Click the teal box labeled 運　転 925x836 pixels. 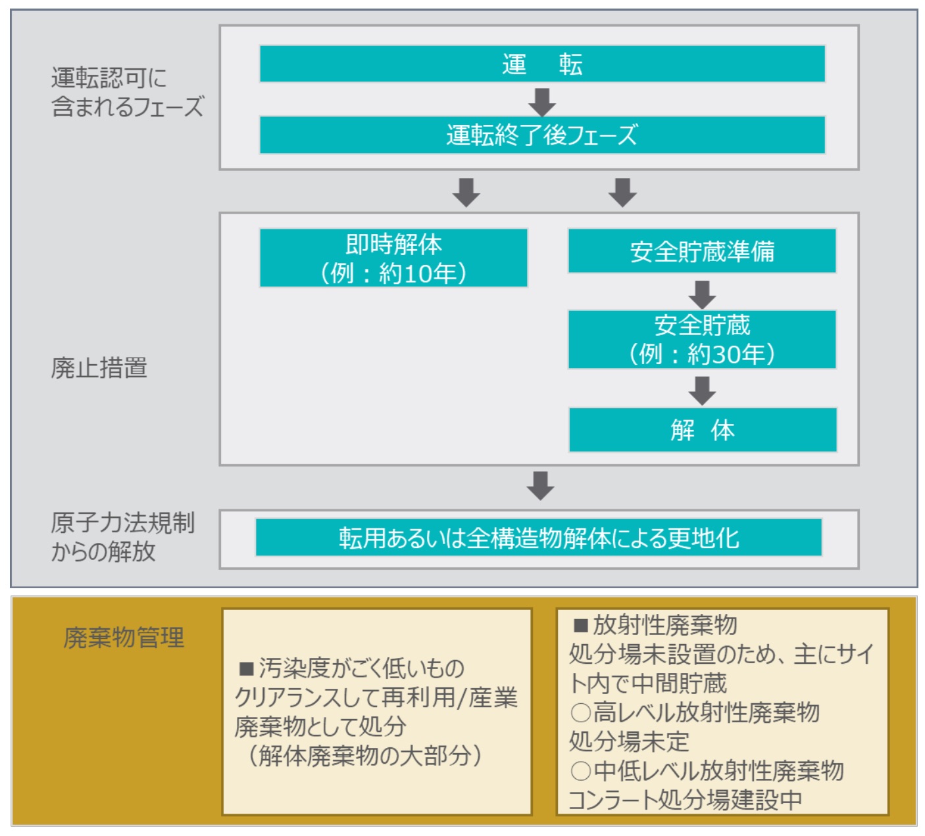click(542, 64)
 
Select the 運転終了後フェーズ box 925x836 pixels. click(542, 135)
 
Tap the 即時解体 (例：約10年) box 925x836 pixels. click(393, 258)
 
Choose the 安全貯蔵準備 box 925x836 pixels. click(702, 251)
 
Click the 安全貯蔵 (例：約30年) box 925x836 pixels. click(702, 340)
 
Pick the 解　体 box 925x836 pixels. click(703, 430)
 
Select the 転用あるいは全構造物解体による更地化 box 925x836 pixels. click(539, 538)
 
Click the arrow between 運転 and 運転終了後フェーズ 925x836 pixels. click(542, 103)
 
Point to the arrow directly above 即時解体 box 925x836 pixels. click(466, 193)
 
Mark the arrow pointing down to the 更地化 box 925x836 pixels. click(540, 486)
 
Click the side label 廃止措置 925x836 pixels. click(99, 368)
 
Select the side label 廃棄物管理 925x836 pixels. click(124, 638)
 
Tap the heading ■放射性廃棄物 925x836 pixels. click(655, 625)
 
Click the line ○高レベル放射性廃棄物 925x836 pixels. click(695, 712)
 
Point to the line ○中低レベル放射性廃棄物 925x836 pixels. click(707, 770)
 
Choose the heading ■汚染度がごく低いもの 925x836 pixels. click(351, 668)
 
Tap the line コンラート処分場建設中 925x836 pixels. click(686, 800)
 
